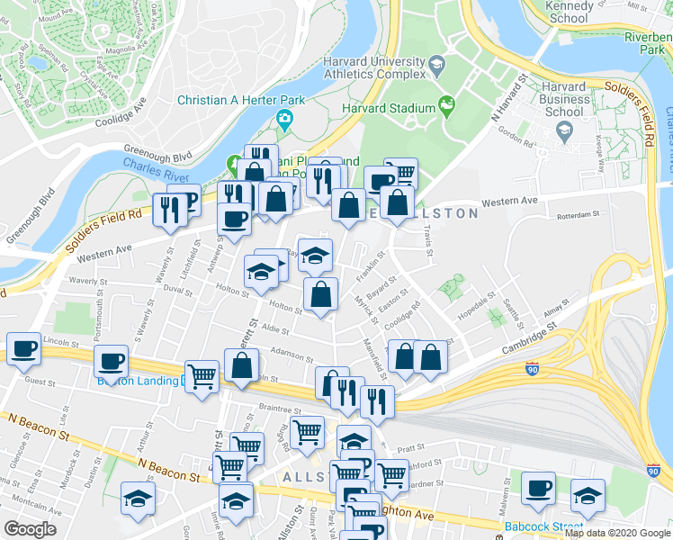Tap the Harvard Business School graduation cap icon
564,131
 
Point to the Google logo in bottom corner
30,529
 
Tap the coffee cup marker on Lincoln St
23,348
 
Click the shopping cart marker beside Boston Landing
202,376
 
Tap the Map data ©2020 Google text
616,532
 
